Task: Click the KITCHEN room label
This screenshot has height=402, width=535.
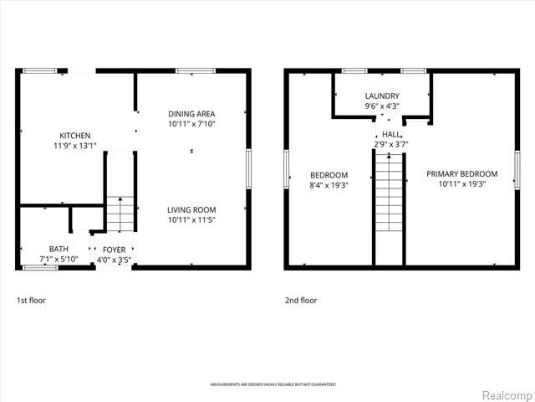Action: tap(74, 136)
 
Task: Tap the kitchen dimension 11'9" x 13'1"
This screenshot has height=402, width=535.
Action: tap(74, 146)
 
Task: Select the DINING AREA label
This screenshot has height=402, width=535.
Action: tap(191, 114)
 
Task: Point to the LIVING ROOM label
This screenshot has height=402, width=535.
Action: tap(191, 210)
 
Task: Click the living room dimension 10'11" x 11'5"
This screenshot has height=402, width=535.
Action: tap(191, 220)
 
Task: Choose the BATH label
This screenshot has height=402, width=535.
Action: tap(59, 249)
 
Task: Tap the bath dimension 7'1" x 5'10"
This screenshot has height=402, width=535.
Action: tap(59, 259)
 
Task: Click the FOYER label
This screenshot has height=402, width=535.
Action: tap(114, 250)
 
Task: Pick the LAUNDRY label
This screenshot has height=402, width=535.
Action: tap(382, 96)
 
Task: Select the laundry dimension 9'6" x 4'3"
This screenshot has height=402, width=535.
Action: tap(382, 106)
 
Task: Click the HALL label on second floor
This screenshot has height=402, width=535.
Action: tap(390, 134)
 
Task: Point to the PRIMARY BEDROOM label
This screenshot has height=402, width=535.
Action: tap(461, 174)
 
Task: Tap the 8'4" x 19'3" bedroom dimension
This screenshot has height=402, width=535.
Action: tap(329, 185)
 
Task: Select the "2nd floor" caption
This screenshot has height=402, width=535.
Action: tap(301, 300)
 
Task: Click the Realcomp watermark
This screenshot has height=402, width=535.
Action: tap(506, 394)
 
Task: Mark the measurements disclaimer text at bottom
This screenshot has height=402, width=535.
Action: tap(273, 384)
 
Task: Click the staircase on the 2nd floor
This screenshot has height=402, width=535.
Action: tap(388, 201)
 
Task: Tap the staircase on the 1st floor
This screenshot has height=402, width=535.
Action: tap(120, 214)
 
